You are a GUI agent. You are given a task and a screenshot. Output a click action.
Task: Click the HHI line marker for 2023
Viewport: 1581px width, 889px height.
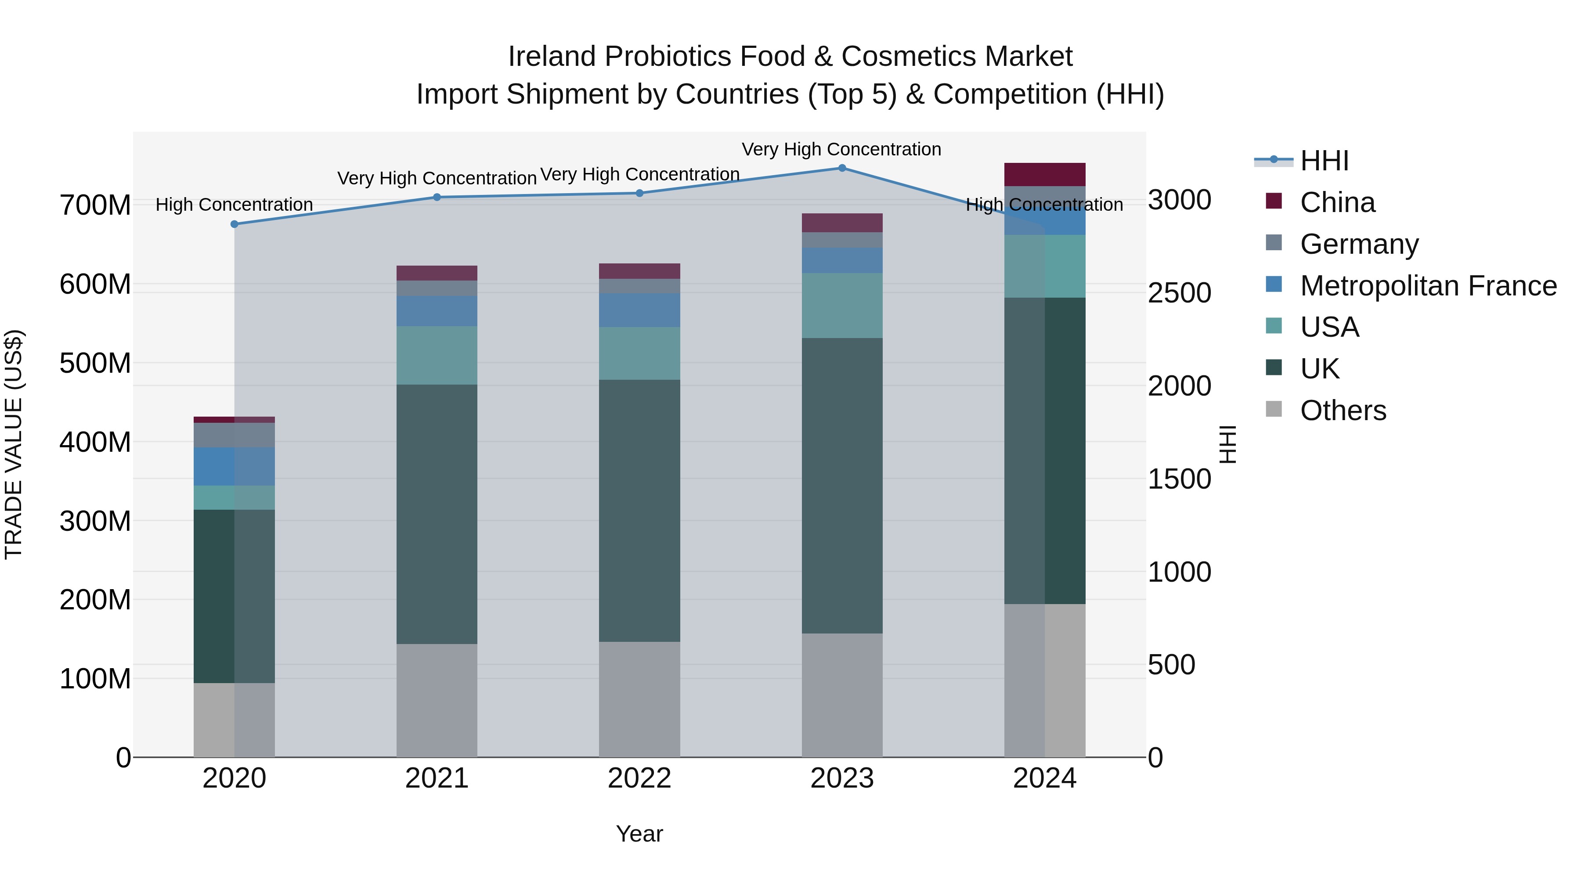(841, 168)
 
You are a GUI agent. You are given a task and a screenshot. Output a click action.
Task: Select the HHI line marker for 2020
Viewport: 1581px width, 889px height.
(235, 224)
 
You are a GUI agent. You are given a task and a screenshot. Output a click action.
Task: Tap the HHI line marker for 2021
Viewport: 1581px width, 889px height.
(437, 198)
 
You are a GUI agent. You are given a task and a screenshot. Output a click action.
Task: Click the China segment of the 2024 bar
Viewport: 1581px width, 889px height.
(1045, 175)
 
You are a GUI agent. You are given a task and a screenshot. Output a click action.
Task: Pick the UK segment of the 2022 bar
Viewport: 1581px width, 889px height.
(639, 511)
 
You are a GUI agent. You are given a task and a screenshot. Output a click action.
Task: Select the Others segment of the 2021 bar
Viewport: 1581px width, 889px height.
(437, 700)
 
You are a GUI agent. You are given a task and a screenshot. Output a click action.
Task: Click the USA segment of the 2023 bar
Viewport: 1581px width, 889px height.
(841, 306)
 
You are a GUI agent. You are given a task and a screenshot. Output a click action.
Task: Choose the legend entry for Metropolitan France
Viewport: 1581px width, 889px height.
(1428, 286)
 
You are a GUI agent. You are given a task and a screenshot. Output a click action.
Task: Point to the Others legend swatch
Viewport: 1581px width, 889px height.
(1274, 409)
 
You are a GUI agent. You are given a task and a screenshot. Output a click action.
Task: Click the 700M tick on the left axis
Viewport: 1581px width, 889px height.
(95, 205)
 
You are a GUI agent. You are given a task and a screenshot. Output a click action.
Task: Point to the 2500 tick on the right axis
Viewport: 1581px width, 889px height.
(1179, 293)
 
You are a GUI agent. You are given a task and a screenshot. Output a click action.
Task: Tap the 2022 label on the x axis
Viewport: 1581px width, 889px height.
(639, 778)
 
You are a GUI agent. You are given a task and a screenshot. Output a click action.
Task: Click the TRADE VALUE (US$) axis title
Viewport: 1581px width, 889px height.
(14, 444)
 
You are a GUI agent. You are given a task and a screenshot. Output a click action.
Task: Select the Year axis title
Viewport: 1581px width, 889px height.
(639, 834)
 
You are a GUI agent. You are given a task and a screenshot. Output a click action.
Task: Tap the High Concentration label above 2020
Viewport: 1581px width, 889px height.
(235, 204)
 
